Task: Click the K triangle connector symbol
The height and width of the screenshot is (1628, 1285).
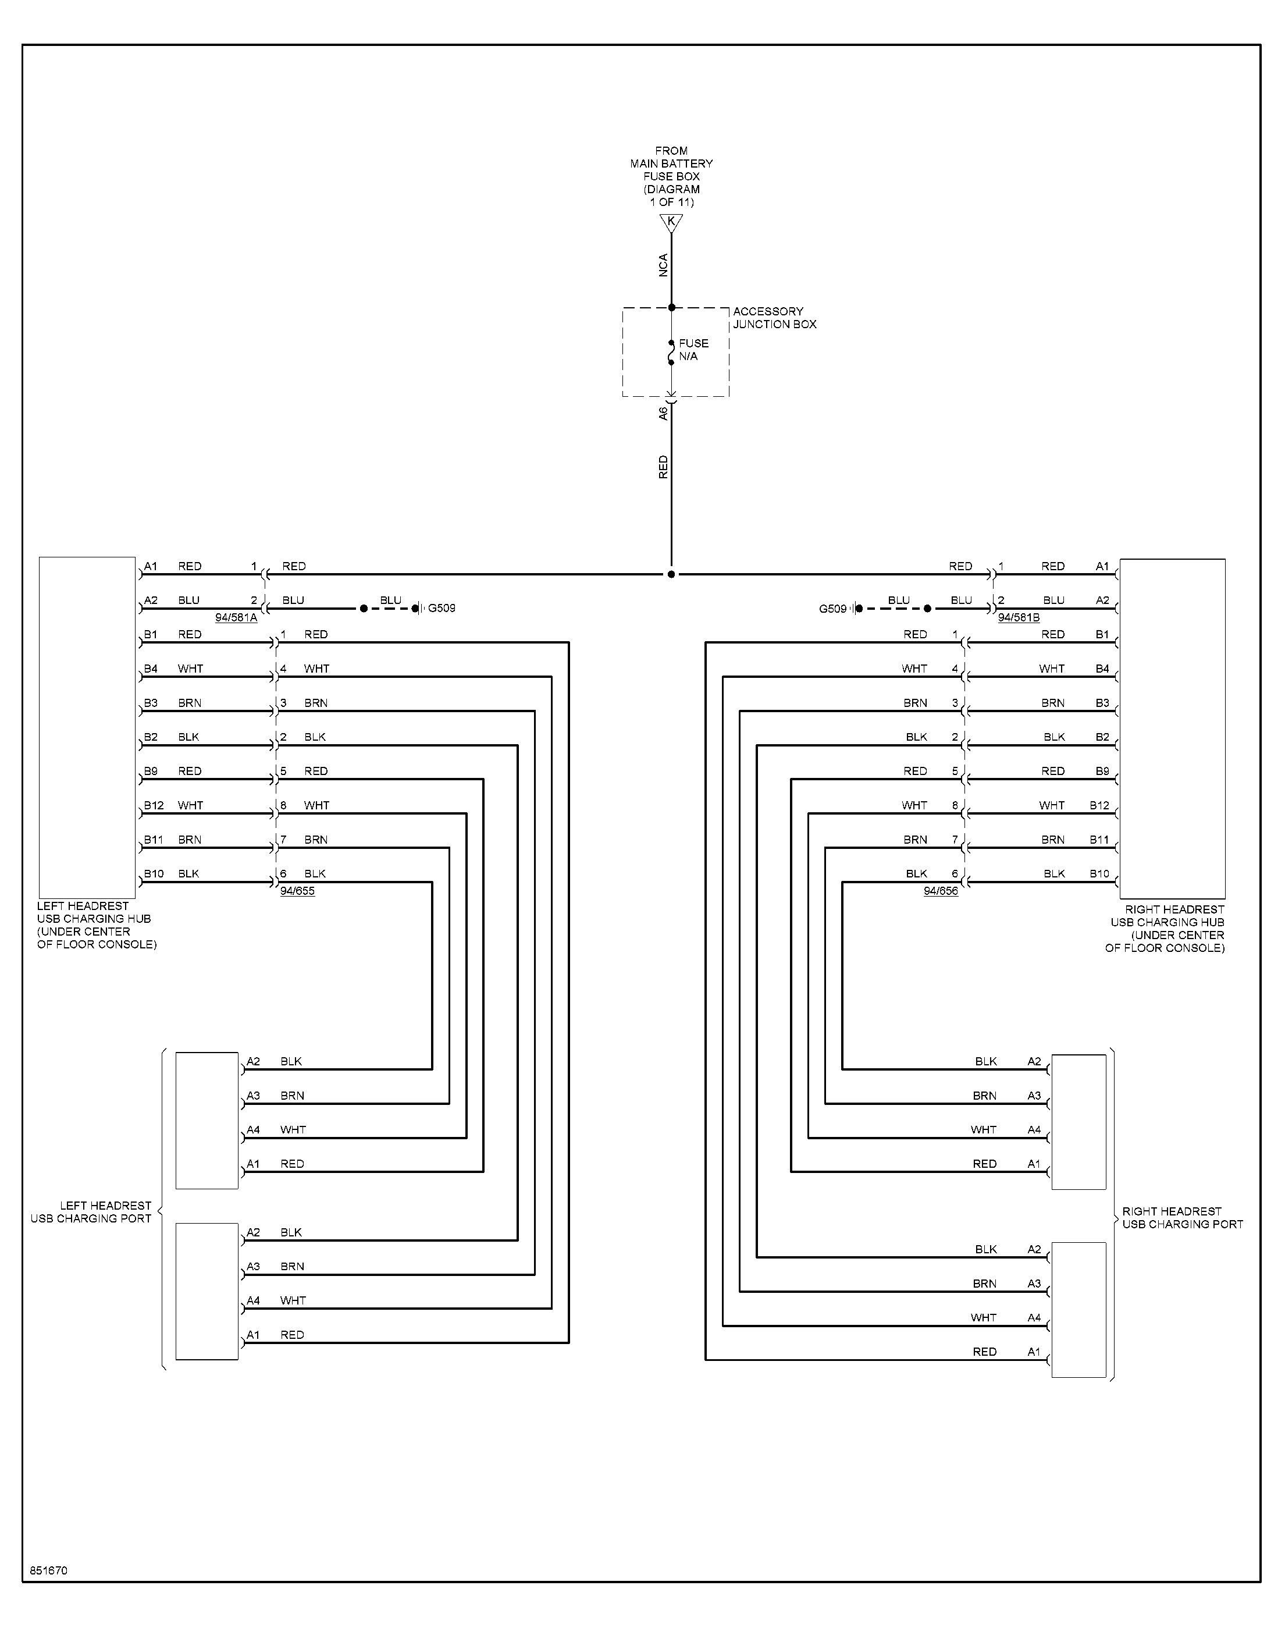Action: pyautogui.click(x=671, y=223)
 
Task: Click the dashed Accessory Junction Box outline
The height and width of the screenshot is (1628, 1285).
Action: pyautogui.click(x=623, y=352)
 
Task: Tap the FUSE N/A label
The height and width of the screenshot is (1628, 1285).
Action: pyautogui.click(x=693, y=350)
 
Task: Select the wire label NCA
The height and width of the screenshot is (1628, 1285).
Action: pyautogui.click(x=663, y=265)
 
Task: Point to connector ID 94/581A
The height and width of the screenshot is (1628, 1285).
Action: pyautogui.click(x=236, y=618)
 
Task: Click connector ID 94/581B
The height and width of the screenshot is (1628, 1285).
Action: pyautogui.click(x=1019, y=618)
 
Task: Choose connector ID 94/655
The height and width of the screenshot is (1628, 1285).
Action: pyautogui.click(x=297, y=891)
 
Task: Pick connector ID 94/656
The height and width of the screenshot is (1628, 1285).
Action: pyautogui.click(x=941, y=891)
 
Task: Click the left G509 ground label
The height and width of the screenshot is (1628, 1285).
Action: pyautogui.click(x=442, y=608)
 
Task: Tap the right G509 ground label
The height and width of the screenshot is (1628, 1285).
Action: pyautogui.click(x=833, y=609)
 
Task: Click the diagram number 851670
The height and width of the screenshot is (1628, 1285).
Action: pyautogui.click(x=49, y=1571)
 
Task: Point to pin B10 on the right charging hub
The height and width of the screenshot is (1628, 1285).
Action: pyautogui.click(x=1099, y=873)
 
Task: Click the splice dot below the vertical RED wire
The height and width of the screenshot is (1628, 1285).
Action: pyautogui.click(x=671, y=574)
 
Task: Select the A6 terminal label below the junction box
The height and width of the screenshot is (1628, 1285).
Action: pyautogui.click(x=663, y=413)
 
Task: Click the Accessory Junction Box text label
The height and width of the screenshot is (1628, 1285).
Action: pyautogui.click(x=775, y=318)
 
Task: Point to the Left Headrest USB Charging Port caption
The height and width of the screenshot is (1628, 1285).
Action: pyautogui.click(x=91, y=1212)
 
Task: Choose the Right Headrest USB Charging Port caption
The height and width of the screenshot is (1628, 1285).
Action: pyautogui.click(x=1183, y=1218)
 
